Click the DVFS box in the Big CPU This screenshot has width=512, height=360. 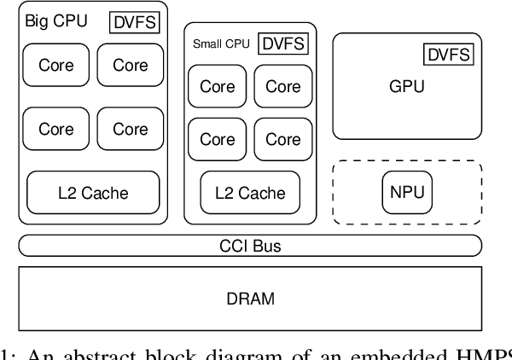(x=135, y=21)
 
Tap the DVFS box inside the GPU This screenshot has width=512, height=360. (x=446, y=55)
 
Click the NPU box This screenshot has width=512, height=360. (x=407, y=192)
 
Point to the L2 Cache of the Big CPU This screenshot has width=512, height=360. (x=93, y=192)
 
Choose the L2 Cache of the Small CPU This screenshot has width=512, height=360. (x=249, y=192)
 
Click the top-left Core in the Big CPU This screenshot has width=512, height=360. (x=56, y=65)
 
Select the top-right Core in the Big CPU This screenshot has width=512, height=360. (x=130, y=65)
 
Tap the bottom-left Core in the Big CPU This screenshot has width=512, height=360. (x=56, y=129)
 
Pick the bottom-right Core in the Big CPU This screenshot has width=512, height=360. (x=130, y=129)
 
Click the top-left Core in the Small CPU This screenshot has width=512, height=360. (x=218, y=87)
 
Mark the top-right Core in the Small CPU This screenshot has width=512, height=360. (x=282, y=87)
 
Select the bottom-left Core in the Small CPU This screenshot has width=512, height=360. (x=218, y=139)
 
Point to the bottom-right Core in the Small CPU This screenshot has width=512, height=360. (x=282, y=139)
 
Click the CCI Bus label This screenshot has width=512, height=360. (x=250, y=247)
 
